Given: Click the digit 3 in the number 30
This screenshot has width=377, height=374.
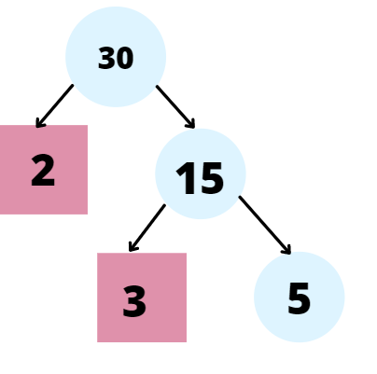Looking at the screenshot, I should [x=106, y=59].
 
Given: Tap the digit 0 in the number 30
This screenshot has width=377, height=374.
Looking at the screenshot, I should [x=124, y=59].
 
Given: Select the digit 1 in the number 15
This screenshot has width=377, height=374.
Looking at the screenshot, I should [x=184, y=178].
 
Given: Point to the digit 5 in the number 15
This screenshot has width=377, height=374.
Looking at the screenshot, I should [x=211, y=178].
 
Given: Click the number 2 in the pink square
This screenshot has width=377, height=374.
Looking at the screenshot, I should [x=43, y=172].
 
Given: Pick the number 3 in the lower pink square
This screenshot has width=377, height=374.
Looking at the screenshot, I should [x=134, y=302].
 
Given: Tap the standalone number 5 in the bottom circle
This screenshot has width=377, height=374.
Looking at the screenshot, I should [x=299, y=299].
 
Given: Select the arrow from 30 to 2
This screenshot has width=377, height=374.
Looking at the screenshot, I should [x=54, y=105].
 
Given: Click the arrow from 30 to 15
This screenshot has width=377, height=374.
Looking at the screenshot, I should [x=175, y=106].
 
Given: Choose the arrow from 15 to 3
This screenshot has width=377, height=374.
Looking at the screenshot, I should [x=147, y=228].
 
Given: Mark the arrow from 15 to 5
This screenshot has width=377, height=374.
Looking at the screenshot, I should [x=265, y=224].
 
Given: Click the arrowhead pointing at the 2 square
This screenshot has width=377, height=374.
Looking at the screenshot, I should [x=39, y=123].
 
